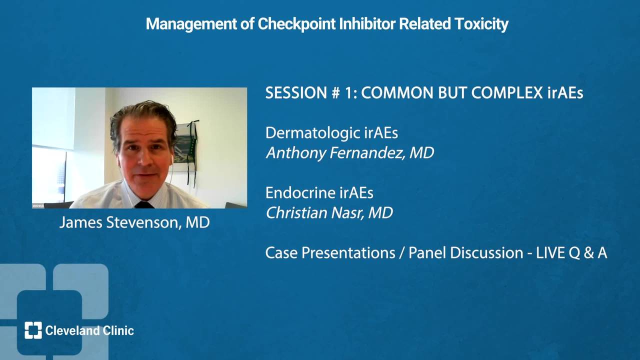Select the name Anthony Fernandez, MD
(x=350, y=153)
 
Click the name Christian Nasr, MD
(x=329, y=213)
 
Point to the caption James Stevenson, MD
(x=134, y=222)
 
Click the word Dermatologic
(x=313, y=133)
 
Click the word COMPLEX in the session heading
(x=507, y=93)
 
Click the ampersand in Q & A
(x=589, y=253)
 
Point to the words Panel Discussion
(x=465, y=253)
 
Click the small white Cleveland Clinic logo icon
(x=33, y=330)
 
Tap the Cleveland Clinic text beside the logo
(x=89, y=330)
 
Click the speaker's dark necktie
(x=144, y=205)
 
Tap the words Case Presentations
(x=330, y=253)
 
